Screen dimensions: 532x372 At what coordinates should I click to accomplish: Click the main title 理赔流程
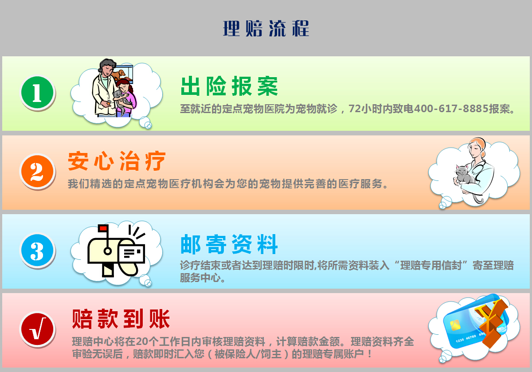[x=266, y=28]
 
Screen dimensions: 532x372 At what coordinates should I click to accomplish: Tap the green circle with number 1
[x=37, y=92]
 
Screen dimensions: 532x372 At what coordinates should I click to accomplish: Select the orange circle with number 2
[x=37, y=171]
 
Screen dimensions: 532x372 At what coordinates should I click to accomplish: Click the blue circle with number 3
[x=37, y=250]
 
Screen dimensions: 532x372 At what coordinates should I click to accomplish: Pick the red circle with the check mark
[x=37, y=329]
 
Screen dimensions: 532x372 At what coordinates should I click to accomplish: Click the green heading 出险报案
[x=229, y=86]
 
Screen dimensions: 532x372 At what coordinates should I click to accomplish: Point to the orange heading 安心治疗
[x=117, y=161]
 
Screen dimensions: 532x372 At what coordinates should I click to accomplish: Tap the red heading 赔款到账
[x=121, y=319]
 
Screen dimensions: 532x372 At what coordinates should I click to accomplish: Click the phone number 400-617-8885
[x=451, y=109]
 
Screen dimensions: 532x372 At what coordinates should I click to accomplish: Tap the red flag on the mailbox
[x=103, y=228]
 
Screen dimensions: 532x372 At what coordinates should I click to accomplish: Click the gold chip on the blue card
[x=455, y=325]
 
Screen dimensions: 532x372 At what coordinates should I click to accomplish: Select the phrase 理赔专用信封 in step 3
[x=431, y=265]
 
